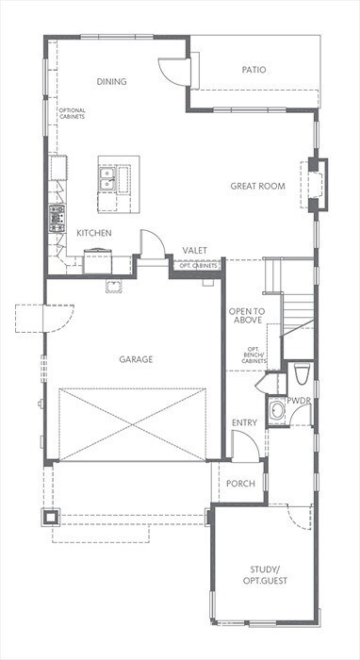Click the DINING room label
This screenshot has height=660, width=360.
tap(112, 82)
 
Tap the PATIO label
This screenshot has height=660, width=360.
tap(254, 70)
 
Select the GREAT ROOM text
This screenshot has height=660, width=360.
tap(257, 186)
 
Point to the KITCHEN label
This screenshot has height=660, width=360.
tap(94, 233)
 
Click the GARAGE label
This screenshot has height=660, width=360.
tap(136, 359)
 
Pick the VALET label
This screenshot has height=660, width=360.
tap(195, 251)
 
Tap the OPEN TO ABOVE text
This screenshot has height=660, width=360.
tap(247, 316)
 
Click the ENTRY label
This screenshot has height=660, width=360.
tap(244, 422)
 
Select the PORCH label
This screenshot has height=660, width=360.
tap(240, 484)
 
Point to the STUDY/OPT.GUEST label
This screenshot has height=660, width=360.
tap(265, 575)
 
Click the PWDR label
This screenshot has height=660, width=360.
tap(299, 401)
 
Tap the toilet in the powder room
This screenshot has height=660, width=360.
tap(302, 374)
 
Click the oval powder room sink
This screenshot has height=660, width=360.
tap(276, 411)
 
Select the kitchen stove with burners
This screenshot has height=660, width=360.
tap(57, 218)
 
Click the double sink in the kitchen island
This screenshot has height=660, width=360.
tap(107, 179)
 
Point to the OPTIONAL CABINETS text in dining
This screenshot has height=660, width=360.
tap(72, 113)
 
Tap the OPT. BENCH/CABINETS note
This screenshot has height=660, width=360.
tap(254, 355)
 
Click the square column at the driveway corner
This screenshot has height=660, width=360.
tap(51, 517)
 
